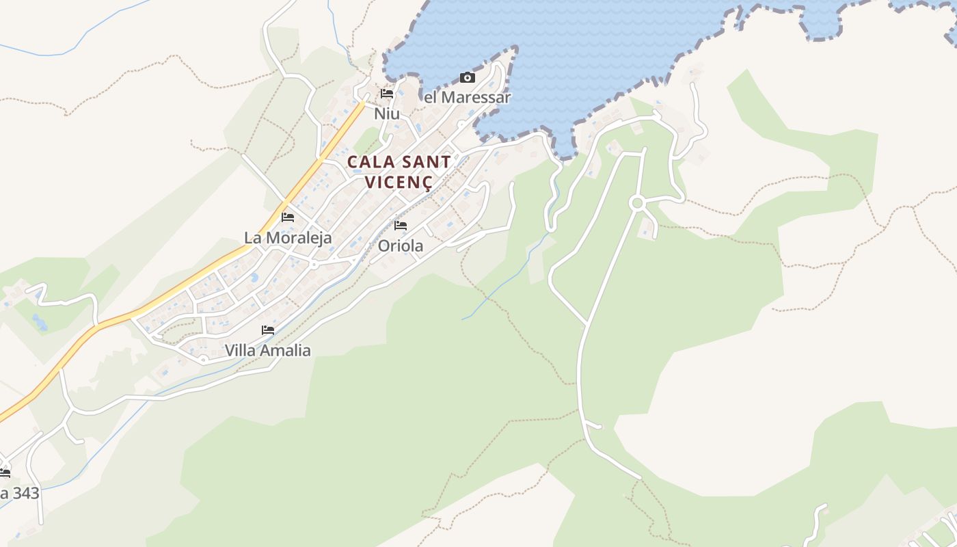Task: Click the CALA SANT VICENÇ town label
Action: click(x=399, y=172)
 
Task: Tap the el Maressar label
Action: click(x=467, y=97)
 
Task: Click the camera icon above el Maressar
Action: click(x=468, y=77)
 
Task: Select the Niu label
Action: click(x=387, y=114)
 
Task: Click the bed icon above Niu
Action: click(x=387, y=94)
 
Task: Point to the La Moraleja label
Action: click(x=288, y=238)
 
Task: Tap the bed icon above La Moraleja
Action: click(x=288, y=217)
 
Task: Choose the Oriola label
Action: click(x=401, y=245)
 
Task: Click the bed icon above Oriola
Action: click(x=401, y=225)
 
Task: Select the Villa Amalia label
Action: click(x=268, y=351)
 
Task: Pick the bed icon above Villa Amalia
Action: click(x=268, y=330)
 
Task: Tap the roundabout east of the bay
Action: click(x=637, y=202)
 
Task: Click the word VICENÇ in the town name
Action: click(x=399, y=183)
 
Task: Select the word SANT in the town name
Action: click(x=424, y=163)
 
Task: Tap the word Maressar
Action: click(x=476, y=97)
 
